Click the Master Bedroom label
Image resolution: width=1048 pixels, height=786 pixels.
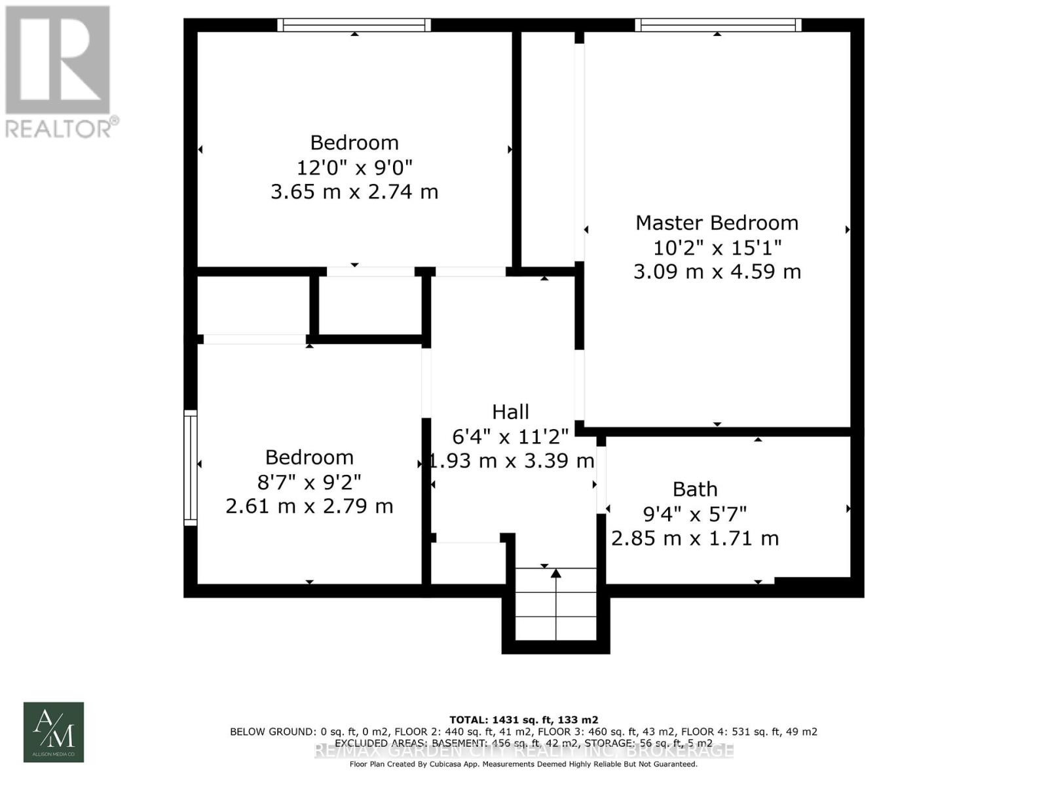click(x=717, y=223)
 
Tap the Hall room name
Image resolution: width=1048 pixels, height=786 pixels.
click(x=510, y=412)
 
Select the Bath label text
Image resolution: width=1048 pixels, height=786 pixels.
click(x=695, y=489)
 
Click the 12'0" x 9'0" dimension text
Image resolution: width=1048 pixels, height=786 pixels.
click(x=354, y=168)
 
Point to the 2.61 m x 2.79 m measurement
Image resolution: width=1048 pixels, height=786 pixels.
click(x=309, y=506)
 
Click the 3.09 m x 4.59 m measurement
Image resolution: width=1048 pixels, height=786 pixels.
click(x=717, y=272)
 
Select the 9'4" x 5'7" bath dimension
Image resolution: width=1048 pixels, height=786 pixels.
click(x=695, y=514)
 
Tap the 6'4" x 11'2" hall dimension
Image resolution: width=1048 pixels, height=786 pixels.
click(x=510, y=436)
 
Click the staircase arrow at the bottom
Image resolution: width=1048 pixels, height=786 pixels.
click(x=556, y=574)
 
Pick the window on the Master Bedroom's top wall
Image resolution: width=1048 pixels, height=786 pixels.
click(x=718, y=26)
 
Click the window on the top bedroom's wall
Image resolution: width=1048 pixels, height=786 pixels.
click(x=354, y=26)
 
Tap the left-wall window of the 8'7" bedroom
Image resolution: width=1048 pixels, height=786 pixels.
click(x=190, y=468)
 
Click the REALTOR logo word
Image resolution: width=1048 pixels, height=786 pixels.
click(x=62, y=128)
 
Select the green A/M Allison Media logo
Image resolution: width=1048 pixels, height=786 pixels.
click(x=54, y=732)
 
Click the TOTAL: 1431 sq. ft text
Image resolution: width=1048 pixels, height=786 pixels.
click(x=523, y=719)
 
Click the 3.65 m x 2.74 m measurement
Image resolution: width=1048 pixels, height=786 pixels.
click(x=354, y=192)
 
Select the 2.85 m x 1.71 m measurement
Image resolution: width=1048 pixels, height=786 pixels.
click(x=695, y=538)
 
